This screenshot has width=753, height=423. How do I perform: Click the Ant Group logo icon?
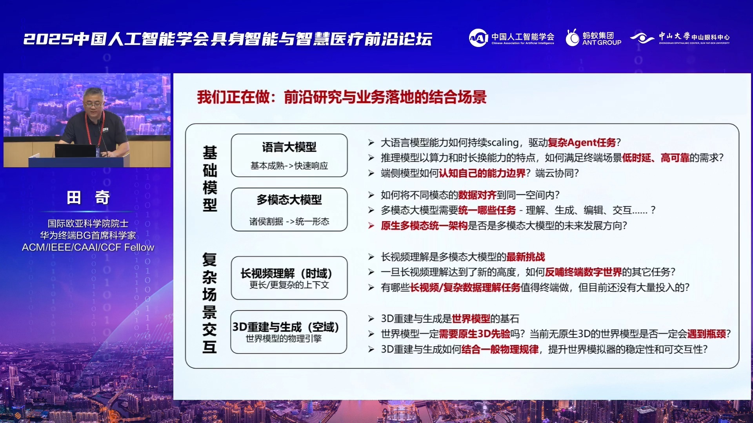[572, 38]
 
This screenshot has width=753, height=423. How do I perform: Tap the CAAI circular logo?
[478, 38]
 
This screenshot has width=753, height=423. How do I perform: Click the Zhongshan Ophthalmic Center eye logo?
[642, 38]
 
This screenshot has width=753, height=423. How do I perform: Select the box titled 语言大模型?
[289, 155]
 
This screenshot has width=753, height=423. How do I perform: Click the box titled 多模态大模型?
[289, 210]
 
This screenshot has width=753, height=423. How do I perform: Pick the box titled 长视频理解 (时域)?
[289, 278]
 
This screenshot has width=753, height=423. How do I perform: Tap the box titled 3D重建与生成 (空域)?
[289, 332]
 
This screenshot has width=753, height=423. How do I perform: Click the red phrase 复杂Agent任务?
[582, 143]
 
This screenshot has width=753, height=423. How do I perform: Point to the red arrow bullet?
[371, 226]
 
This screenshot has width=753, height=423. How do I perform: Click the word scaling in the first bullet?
[503, 143]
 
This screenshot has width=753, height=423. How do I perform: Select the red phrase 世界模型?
[471, 319]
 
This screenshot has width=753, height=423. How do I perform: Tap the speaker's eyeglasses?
[93, 104]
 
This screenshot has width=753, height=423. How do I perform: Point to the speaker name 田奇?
[88, 197]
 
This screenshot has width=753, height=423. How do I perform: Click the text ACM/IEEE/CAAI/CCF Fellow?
[88, 248]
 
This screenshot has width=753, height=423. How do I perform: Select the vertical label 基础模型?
[210, 179]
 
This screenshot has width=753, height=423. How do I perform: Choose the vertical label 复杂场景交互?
[209, 303]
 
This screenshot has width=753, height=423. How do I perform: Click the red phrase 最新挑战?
[526, 257]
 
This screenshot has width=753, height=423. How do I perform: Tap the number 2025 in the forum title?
[48, 39]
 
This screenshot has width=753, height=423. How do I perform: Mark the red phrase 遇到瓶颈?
[707, 334]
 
